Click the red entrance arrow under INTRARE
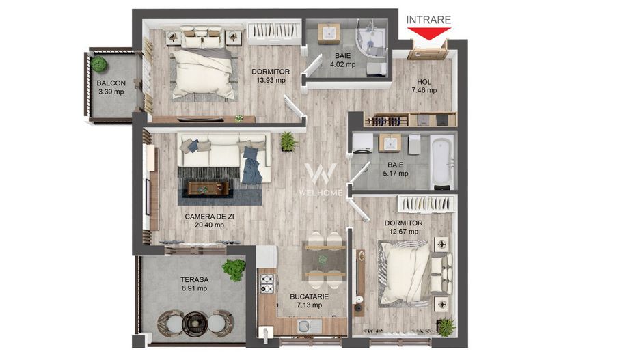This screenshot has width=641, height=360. (428, 31)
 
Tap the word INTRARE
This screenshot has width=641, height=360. (428, 20)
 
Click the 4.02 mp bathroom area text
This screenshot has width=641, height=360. (342, 65)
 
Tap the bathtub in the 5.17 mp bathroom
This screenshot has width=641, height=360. (442, 161)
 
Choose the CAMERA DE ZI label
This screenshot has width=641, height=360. (209, 217)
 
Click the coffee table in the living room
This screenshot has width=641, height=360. (208, 188)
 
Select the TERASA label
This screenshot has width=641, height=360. (194, 279)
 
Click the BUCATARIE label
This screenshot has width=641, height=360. (310, 296)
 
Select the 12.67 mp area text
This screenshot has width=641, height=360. (403, 232)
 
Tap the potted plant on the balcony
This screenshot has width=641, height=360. (100, 65)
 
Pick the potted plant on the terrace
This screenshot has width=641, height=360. (234, 269)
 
